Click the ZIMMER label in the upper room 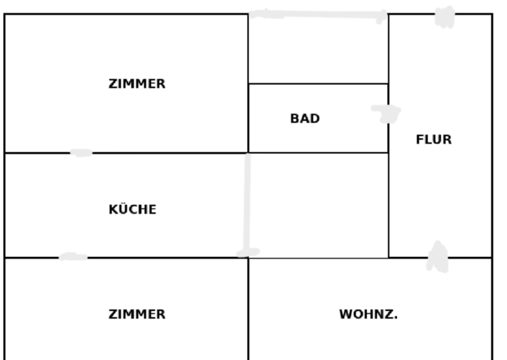click(x=137, y=84)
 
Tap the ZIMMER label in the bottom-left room click(x=137, y=315)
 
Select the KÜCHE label click(x=133, y=210)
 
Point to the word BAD click(x=305, y=119)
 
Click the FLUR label click(x=434, y=140)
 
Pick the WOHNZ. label click(x=368, y=315)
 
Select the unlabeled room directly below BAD click(x=318, y=206)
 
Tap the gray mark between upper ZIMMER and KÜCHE click(x=81, y=153)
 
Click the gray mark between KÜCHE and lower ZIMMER click(x=73, y=257)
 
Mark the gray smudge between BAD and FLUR click(x=387, y=113)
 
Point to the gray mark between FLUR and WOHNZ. click(x=437, y=258)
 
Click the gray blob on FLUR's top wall click(x=445, y=17)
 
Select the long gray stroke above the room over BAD click(x=318, y=15)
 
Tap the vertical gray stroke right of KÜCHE click(x=247, y=203)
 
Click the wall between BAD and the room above click(x=318, y=83)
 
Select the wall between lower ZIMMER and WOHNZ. click(x=248, y=311)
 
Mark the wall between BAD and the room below click(x=318, y=153)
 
